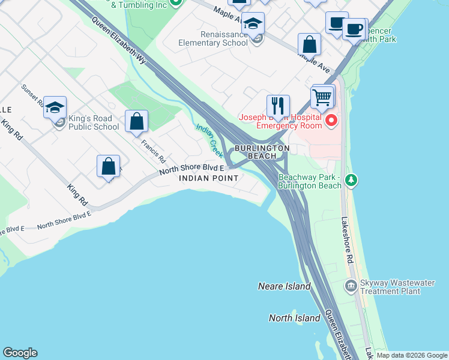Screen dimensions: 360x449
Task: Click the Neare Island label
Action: click(x=284, y=286)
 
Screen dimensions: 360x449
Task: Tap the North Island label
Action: click(x=294, y=318)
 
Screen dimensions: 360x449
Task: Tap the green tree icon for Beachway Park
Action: click(x=351, y=179)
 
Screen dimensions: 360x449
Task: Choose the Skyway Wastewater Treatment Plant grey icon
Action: click(x=351, y=286)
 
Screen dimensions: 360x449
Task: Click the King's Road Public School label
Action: click(x=94, y=122)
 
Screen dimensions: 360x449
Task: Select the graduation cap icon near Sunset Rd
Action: click(x=55, y=107)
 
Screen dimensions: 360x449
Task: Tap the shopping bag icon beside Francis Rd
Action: click(x=136, y=121)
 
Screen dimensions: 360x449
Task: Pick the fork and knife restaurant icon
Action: click(x=278, y=106)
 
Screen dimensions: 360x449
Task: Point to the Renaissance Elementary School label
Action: click(x=212, y=38)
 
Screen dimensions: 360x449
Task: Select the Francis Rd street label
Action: click(x=153, y=151)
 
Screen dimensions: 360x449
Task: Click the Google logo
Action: click(x=20, y=353)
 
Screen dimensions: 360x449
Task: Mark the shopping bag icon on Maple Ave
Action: click(x=309, y=44)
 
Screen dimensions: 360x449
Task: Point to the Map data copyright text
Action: click(x=411, y=355)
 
